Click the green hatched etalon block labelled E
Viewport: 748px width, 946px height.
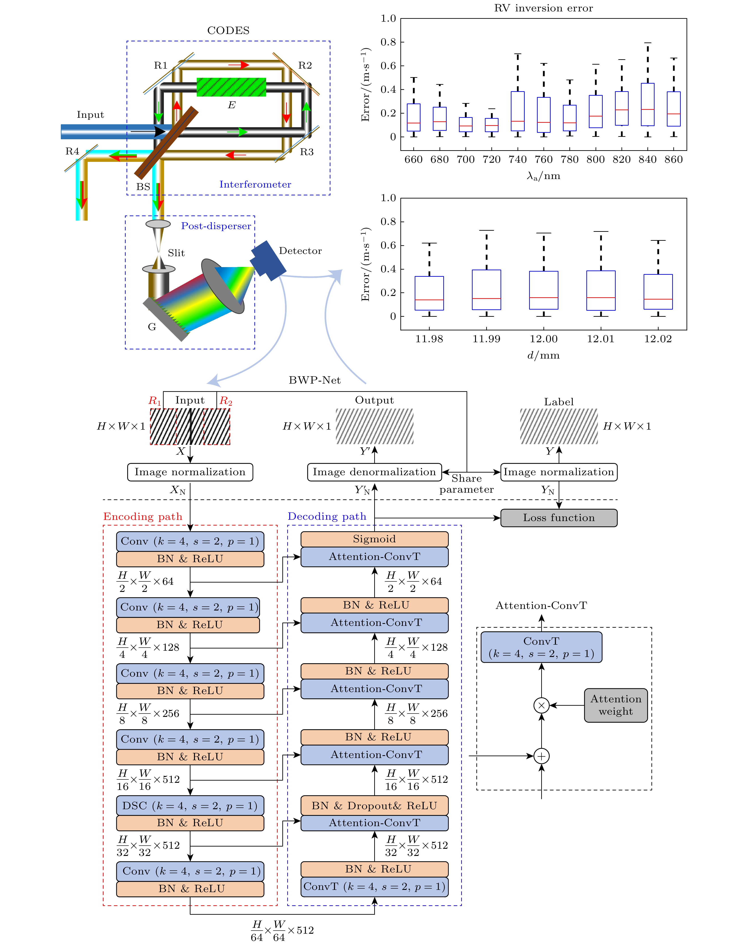coord(231,87)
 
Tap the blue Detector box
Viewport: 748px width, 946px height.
coord(268,260)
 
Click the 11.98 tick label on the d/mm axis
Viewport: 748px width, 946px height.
coord(429,339)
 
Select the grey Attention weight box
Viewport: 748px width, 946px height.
coord(616,705)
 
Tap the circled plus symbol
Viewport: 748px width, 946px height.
coord(542,756)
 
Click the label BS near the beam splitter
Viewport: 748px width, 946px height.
coord(143,187)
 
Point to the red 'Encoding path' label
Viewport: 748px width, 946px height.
coord(143,517)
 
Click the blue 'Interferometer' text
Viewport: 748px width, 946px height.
coord(255,184)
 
